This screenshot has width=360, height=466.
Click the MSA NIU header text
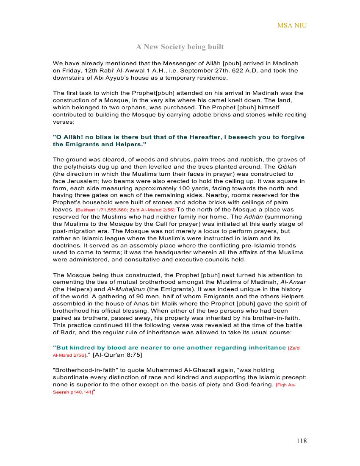(x=292, y=25)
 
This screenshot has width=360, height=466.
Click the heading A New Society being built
(x=180, y=47)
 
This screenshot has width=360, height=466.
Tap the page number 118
(x=302, y=441)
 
